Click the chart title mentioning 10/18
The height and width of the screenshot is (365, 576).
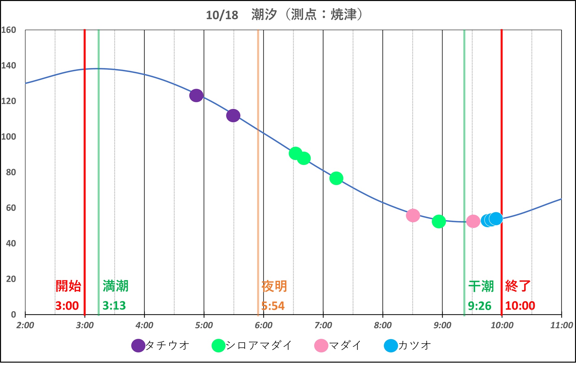(284, 15)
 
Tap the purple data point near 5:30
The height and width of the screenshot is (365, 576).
(233, 115)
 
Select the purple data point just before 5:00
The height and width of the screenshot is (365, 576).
(196, 95)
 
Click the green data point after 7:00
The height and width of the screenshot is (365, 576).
(336, 178)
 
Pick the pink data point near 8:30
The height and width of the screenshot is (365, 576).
(413, 215)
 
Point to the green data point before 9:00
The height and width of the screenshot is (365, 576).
(438, 221)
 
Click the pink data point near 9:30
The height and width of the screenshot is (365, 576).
(473, 221)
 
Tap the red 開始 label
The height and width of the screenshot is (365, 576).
(68, 286)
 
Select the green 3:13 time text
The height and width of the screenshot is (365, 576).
(114, 306)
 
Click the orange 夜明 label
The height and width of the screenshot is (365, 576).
(274, 286)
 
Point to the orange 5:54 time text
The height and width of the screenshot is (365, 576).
(273, 306)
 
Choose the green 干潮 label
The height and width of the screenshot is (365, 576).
(481, 286)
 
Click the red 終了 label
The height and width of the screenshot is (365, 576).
(518, 286)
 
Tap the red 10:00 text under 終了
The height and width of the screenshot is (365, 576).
(520, 306)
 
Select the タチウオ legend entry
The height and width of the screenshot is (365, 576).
(160, 346)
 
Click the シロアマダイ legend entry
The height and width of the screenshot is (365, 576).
(252, 346)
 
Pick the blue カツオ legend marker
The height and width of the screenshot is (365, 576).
(391, 346)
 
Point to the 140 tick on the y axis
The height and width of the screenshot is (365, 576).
(9, 66)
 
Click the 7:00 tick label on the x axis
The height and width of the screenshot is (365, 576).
(323, 325)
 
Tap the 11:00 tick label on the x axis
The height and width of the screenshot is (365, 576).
(561, 325)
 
